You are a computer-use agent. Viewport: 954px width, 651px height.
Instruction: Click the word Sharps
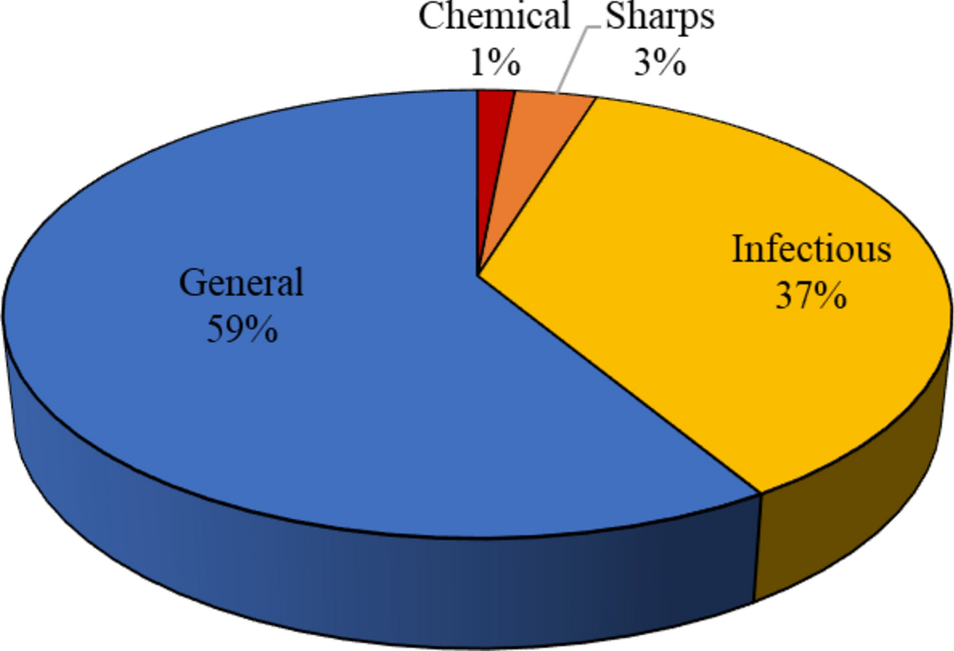pyautogui.click(x=659, y=17)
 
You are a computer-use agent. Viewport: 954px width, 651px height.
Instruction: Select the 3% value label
pyautogui.click(x=659, y=62)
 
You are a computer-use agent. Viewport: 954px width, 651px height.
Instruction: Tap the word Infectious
pyautogui.click(x=811, y=250)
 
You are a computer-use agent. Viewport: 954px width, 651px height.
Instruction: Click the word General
pyautogui.click(x=241, y=283)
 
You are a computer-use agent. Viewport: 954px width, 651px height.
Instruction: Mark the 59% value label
pyautogui.click(x=242, y=329)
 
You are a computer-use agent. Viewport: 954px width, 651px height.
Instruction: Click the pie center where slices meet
pyautogui.click(x=478, y=276)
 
